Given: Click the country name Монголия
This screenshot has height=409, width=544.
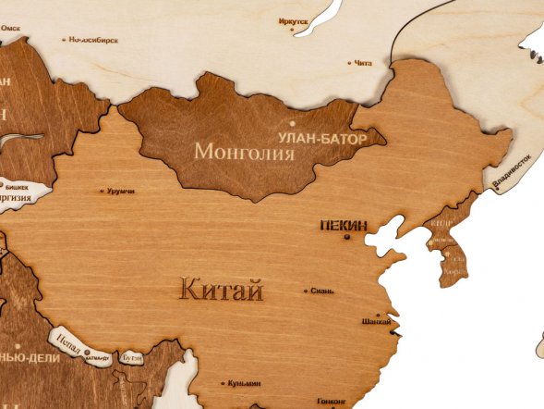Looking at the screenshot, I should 244,150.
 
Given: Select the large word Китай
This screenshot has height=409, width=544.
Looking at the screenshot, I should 221,291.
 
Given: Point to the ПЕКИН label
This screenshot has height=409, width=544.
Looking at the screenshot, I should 344,225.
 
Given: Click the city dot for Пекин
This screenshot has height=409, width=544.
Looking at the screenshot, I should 348,237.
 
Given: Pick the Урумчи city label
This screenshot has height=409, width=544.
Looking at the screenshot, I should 120,192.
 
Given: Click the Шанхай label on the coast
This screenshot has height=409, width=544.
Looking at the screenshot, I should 377,321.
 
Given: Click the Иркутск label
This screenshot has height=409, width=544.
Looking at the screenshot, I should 293,19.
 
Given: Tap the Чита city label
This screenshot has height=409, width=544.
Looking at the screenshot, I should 362,63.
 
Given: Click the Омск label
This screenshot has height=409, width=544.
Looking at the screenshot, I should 10,28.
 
